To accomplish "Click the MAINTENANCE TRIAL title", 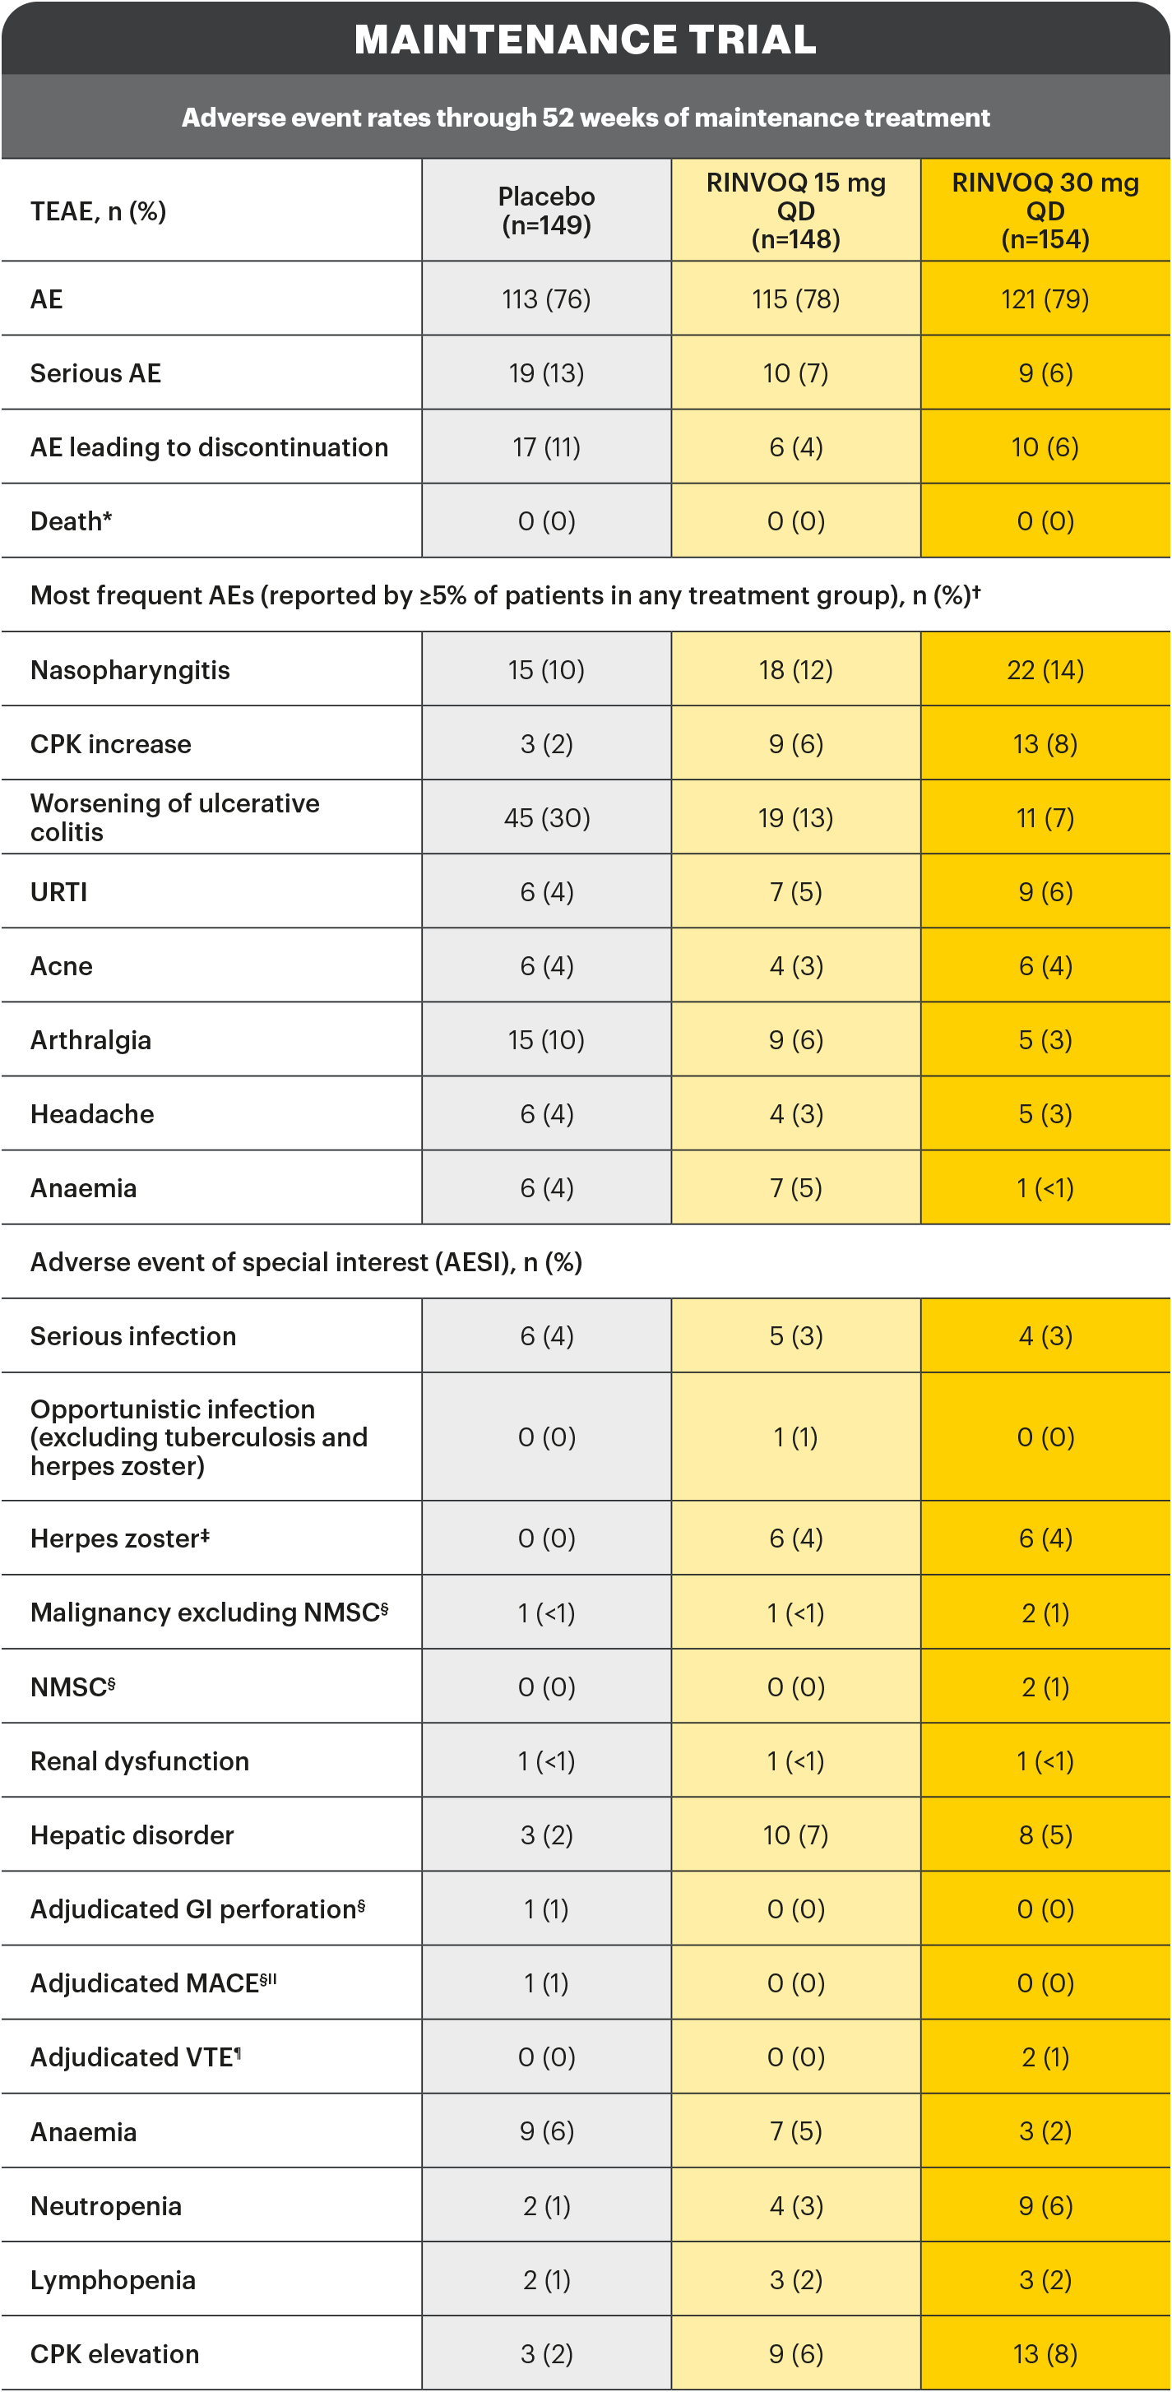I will pyautogui.click(x=585, y=39).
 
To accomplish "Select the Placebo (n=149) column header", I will pyautogui.click(x=546, y=211).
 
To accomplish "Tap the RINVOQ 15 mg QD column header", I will pyautogui.click(x=796, y=211).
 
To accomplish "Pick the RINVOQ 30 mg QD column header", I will pyautogui.click(x=1045, y=211).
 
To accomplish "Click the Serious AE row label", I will pyautogui.click(x=95, y=373).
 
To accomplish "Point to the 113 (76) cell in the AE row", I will pyautogui.click(x=546, y=299).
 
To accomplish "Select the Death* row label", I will pyautogui.click(x=71, y=521).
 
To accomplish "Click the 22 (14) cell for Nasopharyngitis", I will pyautogui.click(x=1045, y=669).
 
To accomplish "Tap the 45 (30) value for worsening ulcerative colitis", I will pyautogui.click(x=546, y=818).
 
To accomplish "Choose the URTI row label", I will pyautogui.click(x=58, y=892).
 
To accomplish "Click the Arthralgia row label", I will pyautogui.click(x=90, y=1040).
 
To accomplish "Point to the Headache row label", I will pyautogui.click(x=92, y=1114).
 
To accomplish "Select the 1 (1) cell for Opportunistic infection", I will pyautogui.click(x=796, y=1437).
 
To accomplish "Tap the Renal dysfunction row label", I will pyautogui.click(x=139, y=1761).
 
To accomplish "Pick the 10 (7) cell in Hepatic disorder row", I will pyautogui.click(x=796, y=1834).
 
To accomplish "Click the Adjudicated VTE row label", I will pyautogui.click(x=136, y=2057).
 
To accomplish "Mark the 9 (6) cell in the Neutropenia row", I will pyautogui.click(x=1045, y=2205).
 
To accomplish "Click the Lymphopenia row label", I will pyautogui.click(x=113, y=2279).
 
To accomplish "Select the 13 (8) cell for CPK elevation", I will pyautogui.click(x=1045, y=2354).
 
